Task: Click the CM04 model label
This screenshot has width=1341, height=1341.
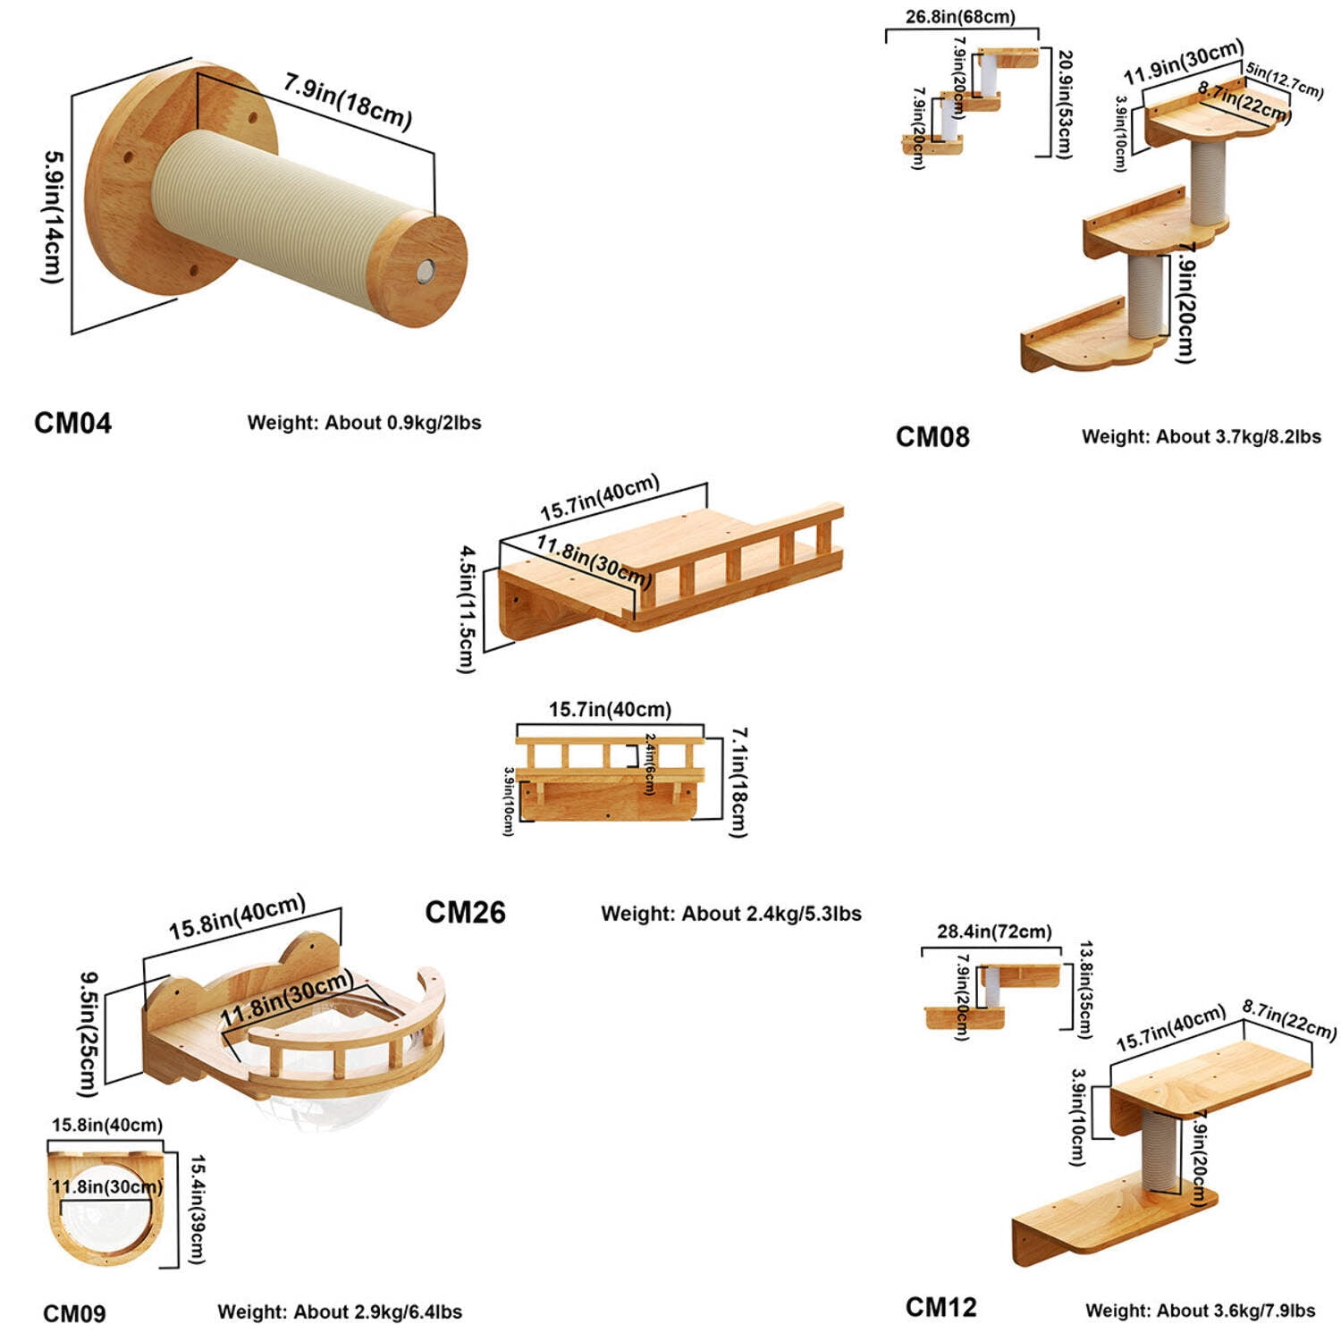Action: click(72, 423)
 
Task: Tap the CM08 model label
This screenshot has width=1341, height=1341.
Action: click(932, 437)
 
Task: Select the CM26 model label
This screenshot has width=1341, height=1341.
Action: click(465, 913)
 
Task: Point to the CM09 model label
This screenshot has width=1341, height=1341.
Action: click(74, 1313)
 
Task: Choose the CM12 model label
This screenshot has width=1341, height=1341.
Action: click(941, 1307)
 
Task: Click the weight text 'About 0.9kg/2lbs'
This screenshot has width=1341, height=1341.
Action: click(402, 423)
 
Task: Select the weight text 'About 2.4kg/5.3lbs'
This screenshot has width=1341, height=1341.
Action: click(772, 914)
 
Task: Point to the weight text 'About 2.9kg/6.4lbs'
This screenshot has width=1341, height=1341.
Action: click(377, 1312)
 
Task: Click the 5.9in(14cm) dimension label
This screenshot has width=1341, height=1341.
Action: click(54, 217)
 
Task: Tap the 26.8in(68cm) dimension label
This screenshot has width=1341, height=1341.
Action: click(960, 17)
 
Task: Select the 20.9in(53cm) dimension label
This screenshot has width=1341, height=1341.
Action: click(1065, 104)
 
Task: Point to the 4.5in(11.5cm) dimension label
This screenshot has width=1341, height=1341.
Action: click(467, 609)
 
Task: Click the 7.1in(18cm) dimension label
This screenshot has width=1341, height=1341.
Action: click(738, 782)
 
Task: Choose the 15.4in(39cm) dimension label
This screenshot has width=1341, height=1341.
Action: click(198, 1210)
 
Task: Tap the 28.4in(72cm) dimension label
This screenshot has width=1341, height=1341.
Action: click(994, 932)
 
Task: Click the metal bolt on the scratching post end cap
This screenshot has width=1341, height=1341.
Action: click(425, 269)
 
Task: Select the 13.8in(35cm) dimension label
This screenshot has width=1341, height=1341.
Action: click(1085, 990)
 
